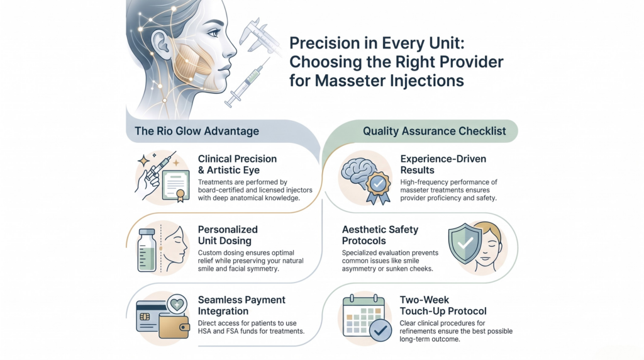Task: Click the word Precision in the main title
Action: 319,43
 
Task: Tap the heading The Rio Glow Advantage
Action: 197,131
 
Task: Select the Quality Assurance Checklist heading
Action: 434,131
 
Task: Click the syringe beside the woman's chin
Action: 247,82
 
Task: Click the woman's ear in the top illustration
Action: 161,45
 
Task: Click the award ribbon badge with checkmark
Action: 378,187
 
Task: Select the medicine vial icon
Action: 147,250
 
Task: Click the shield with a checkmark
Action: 465,244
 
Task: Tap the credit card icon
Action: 151,317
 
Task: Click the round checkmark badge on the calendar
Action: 380,330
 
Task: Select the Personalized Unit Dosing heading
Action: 228,235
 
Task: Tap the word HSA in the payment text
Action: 205,331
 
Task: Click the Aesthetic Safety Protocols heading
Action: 380,235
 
